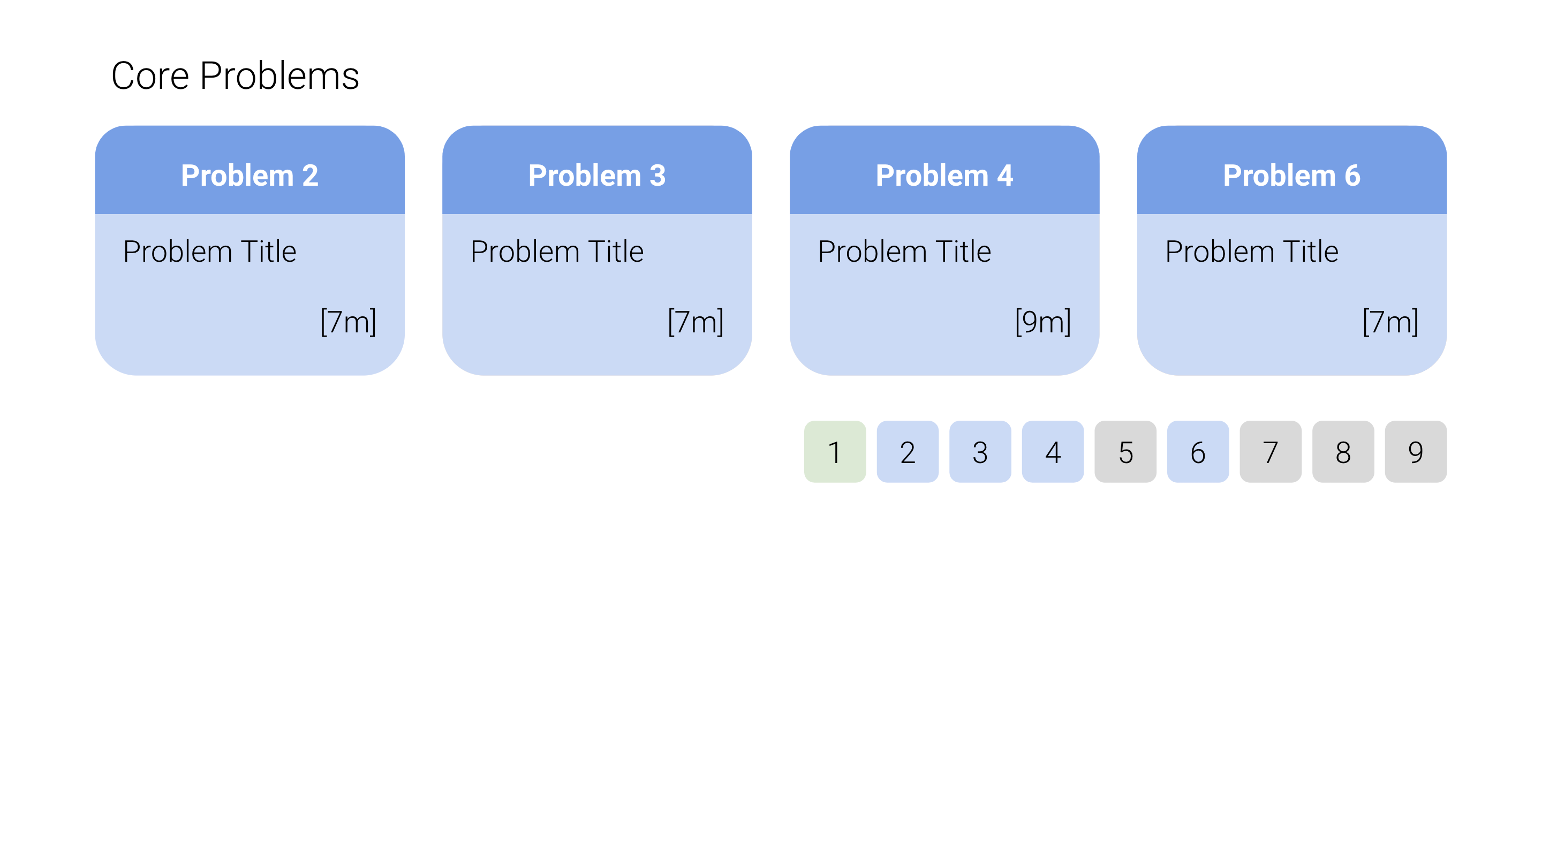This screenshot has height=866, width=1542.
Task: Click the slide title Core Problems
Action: (235, 76)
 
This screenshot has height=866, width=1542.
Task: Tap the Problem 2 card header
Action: (250, 170)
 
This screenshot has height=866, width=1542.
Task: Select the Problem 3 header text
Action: (597, 176)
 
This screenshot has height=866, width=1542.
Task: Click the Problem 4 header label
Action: (944, 176)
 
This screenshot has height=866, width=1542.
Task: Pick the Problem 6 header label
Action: (1292, 176)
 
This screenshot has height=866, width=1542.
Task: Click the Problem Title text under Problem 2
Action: (209, 252)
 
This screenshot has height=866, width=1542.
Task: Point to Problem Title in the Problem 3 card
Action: (557, 252)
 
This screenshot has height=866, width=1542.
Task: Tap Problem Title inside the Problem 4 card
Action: (904, 252)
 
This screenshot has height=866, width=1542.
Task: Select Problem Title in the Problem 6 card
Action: (1252, 252)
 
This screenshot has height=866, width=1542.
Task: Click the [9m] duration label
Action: (1043, 322)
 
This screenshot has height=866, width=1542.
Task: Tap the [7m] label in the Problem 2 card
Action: (349, 322)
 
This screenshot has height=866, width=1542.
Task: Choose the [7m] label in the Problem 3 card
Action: (696, 322)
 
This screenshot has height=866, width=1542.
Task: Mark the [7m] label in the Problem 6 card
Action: (1390, 322)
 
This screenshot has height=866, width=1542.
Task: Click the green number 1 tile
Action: (835, 452)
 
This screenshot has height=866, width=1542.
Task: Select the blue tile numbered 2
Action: (908, 452)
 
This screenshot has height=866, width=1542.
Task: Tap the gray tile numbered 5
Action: (1125, 452)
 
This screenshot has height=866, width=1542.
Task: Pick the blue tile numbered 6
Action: (1198, 452)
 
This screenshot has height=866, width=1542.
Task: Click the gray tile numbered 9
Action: (1416, 452)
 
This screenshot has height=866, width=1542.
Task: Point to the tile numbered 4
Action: (1053, 452)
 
